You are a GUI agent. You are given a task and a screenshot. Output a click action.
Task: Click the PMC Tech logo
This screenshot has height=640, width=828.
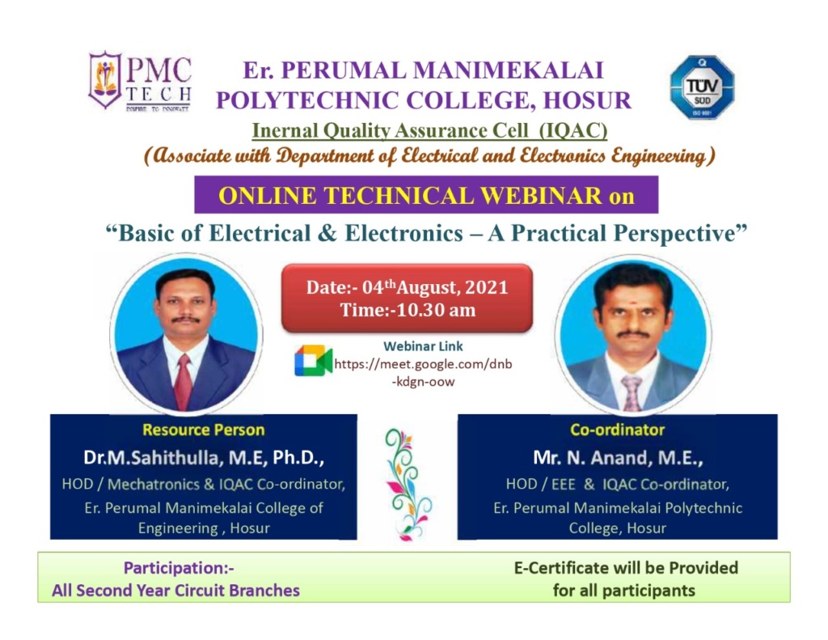pos(140,82)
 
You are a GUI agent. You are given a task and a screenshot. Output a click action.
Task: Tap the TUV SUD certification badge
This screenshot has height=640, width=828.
pos(701,87)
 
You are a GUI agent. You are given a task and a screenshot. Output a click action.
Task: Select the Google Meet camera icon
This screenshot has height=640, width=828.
pos(313,360)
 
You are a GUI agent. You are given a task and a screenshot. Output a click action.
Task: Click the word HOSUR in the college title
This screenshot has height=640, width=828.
pos(585,100)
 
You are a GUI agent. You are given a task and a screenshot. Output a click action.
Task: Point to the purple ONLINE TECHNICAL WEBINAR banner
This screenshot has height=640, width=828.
pos(425,195)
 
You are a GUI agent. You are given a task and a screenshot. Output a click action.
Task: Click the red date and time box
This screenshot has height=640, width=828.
pos(407,298)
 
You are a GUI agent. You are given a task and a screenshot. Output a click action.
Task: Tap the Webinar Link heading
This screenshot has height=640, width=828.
pos(423,346)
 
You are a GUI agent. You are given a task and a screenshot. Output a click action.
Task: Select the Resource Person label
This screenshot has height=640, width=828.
pos(203,430)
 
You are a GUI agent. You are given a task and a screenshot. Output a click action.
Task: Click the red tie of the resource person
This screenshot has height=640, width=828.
pos(184,379)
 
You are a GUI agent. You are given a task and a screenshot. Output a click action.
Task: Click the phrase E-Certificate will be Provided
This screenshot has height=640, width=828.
pos(625,568)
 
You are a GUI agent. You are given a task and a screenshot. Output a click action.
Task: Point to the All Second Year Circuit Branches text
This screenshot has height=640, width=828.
pos(175,591)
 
